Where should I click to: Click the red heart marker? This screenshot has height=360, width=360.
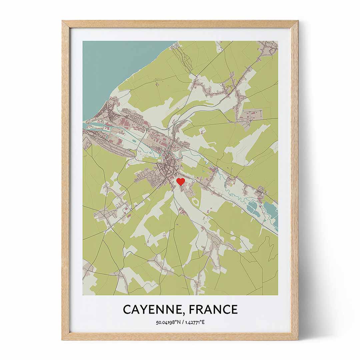(180, 181)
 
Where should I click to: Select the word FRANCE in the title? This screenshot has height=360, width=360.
(213, 309)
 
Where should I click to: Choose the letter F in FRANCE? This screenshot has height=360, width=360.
(192, 309)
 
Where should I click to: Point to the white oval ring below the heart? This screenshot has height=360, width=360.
(196, 201)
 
